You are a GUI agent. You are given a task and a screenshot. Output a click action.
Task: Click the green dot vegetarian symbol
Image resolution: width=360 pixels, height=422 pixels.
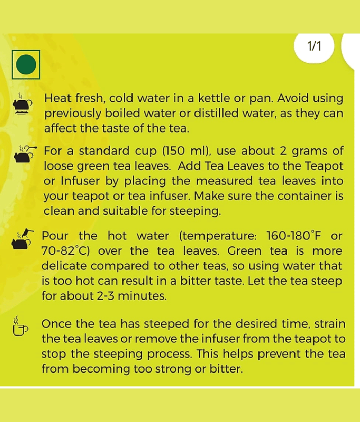pyautogui.click(x=26, y=64)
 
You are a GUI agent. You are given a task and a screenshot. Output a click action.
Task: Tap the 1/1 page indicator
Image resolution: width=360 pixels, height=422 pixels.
pyautogui.click(x=314, y=46)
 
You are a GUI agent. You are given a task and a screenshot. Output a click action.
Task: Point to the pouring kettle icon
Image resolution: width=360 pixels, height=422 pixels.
pyautogui.click(x=23, y=239)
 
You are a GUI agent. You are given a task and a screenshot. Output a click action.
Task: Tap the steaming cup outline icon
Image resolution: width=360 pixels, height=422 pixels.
pyautogui.click(x=20, y=326)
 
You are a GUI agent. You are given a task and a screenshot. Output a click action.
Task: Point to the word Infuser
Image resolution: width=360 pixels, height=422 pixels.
pyautogui.click(x=81, y=181)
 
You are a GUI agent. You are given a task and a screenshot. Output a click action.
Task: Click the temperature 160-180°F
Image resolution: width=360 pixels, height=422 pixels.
pyautogui.click(x=294, y=236)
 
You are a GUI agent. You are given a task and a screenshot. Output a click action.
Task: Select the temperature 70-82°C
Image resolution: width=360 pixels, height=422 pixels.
pyautogui.click(x=65, y=251)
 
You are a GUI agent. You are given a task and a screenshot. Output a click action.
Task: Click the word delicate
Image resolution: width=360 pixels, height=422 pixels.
pyautogui.click(x=64, y=266)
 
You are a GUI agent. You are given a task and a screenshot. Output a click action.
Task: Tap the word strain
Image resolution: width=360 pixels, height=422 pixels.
pyautogui.click(x=330, y=324)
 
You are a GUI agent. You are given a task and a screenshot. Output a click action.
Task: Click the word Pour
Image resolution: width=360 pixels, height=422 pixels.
pyautogui.click(x=55, y=236)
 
